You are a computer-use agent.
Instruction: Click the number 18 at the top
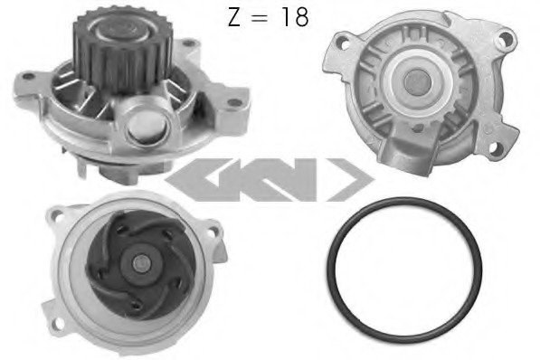point(295,17)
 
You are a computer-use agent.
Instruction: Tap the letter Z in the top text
point(234,17)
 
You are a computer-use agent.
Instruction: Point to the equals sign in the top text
point(259,18)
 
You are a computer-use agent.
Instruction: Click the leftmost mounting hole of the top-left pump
point(28,76)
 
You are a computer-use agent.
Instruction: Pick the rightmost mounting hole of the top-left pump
point(234,102)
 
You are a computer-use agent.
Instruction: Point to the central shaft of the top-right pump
point(418,82)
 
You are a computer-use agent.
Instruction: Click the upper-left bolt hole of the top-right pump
point(343,44)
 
